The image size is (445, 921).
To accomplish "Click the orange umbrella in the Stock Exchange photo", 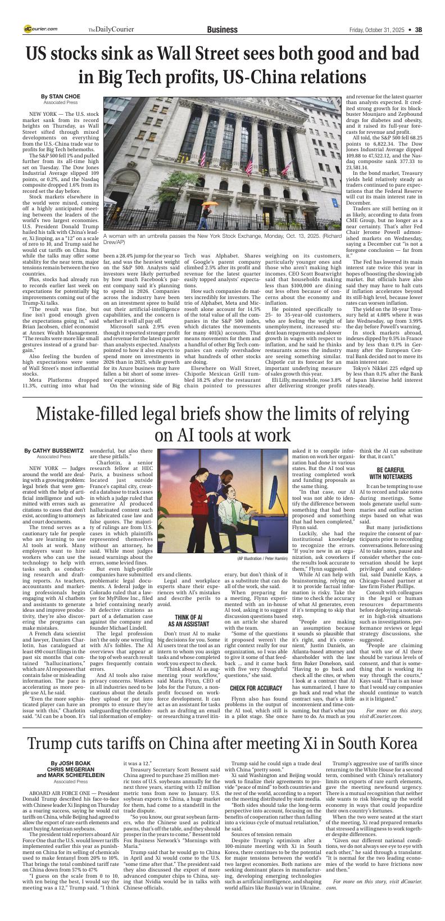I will (x=210, y=204).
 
